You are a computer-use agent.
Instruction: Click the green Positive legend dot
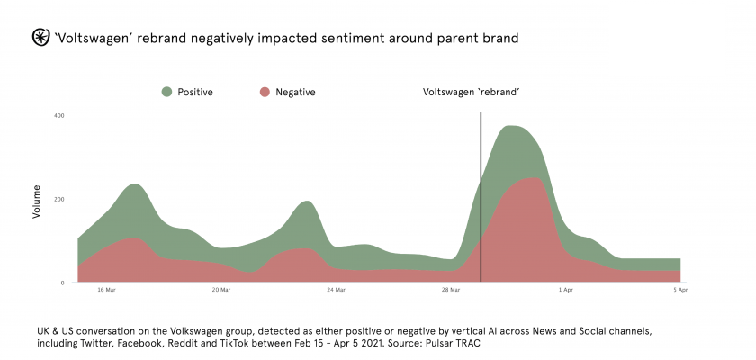click(x=166, y=92)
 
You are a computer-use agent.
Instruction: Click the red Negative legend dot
click(x=265, y=92)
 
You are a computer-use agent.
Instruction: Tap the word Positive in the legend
click(x=195, y=92)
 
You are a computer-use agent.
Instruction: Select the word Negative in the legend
click(x=295, y=92)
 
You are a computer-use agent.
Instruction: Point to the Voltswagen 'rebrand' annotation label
click(x=472, y=92)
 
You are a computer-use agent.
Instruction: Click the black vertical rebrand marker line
click(x=481, y=198)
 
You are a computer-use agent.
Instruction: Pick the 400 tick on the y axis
click(x=58, y=115)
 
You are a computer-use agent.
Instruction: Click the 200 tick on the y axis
click(x=58, y=199)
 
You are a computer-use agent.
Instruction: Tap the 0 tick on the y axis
click(x=63, y=283)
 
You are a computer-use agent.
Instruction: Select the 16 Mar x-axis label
click(x=106, y=290)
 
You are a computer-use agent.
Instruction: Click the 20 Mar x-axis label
click(x=220, y=290)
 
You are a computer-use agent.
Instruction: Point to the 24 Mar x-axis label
click(x=336, y=290)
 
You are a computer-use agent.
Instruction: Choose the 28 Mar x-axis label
click(x=451, y=290)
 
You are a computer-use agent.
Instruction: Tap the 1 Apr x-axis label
click(x=565, y=290)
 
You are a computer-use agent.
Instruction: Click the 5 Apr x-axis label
click(x=681, y=290)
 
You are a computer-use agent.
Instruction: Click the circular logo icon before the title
click(x=40, y=38)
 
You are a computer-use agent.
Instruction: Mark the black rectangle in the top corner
click(x=666, y=39)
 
